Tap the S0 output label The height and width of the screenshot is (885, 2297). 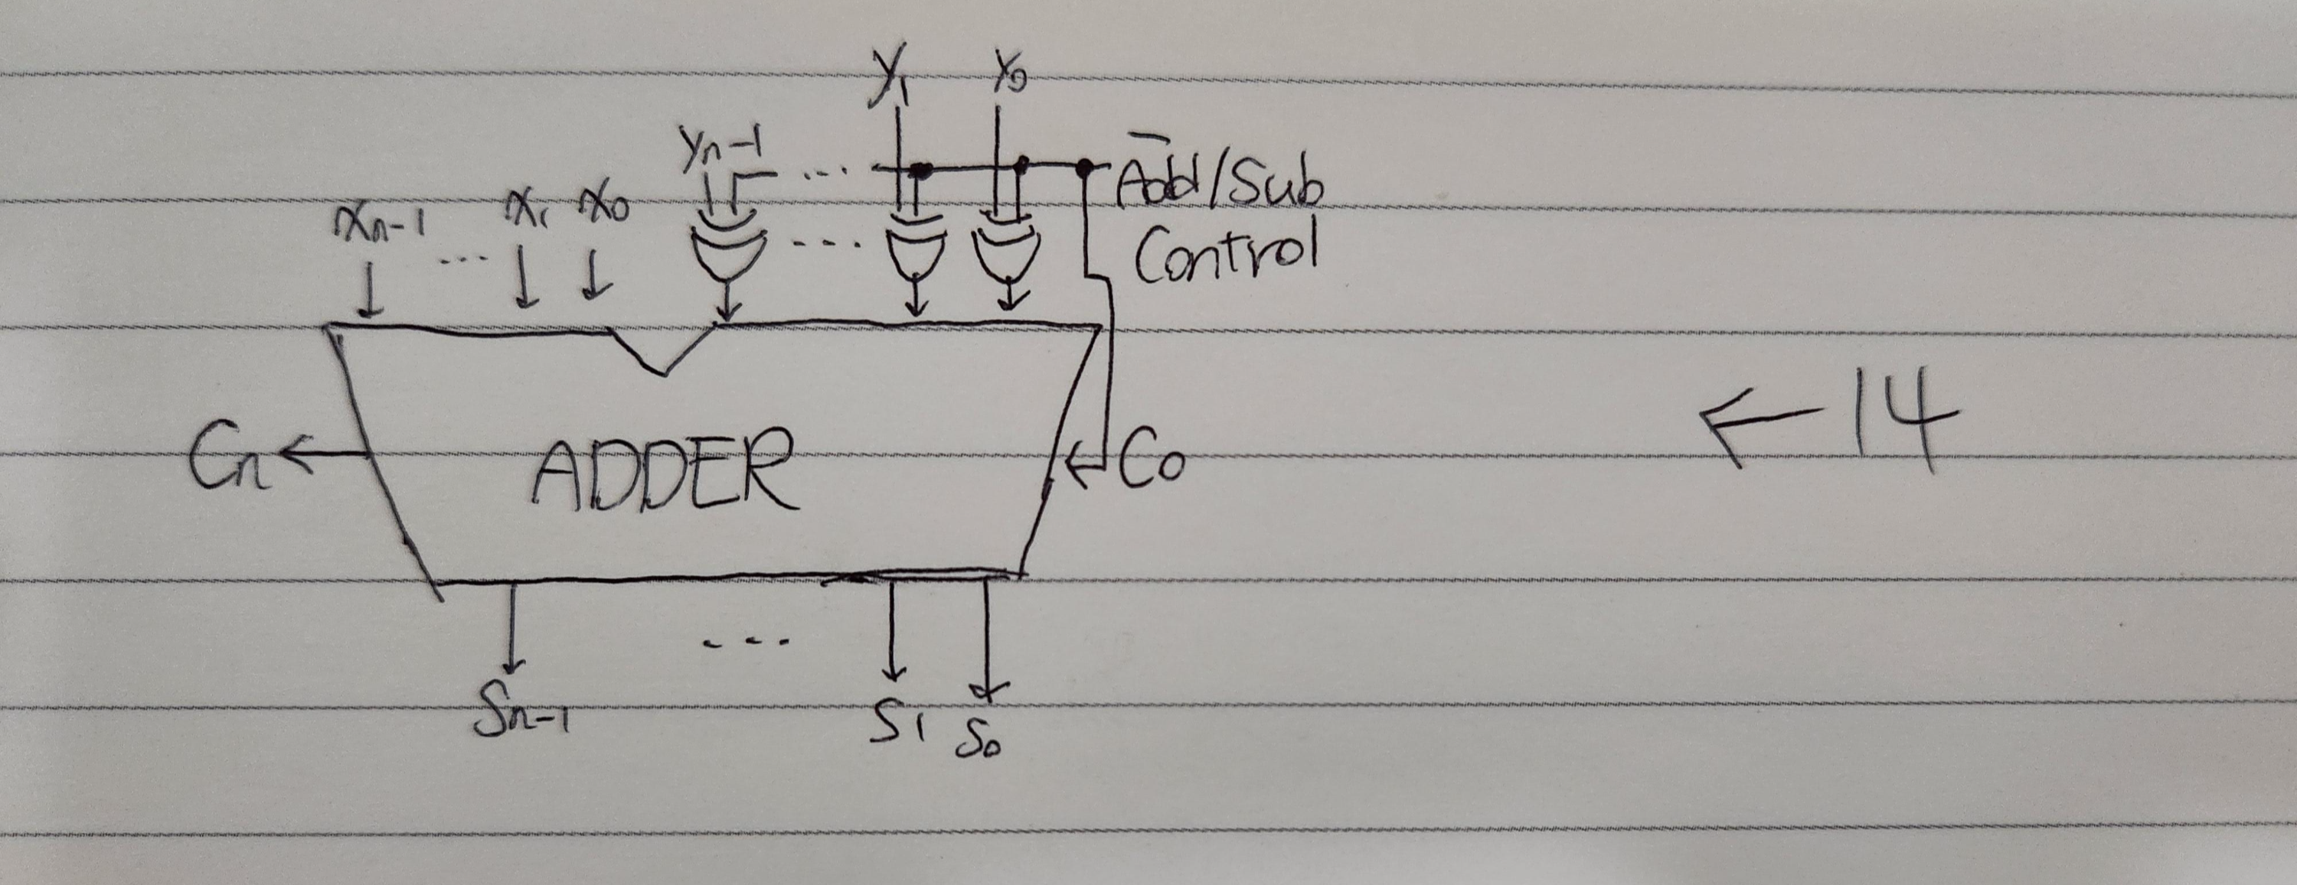[979, 735]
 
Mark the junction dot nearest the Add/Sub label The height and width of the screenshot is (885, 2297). [1084, 167]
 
